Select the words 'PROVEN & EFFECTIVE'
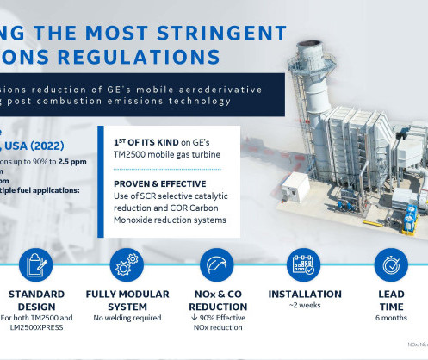coord(158,183)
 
